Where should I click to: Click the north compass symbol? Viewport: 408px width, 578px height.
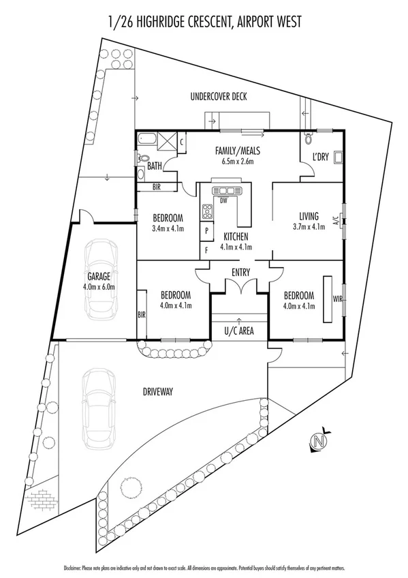[x=317, y=442]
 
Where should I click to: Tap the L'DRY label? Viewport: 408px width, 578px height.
[x=320, y=157]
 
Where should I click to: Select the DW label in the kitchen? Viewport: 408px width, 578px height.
[x=223, y=201]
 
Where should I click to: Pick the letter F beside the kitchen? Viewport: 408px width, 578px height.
[x=206, y=250]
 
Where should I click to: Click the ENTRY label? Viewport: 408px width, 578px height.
[x=239, y=273]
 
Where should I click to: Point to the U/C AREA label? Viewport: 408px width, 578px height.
[x=238, y=332]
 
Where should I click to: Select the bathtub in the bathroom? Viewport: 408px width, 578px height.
[x=146, y=141]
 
